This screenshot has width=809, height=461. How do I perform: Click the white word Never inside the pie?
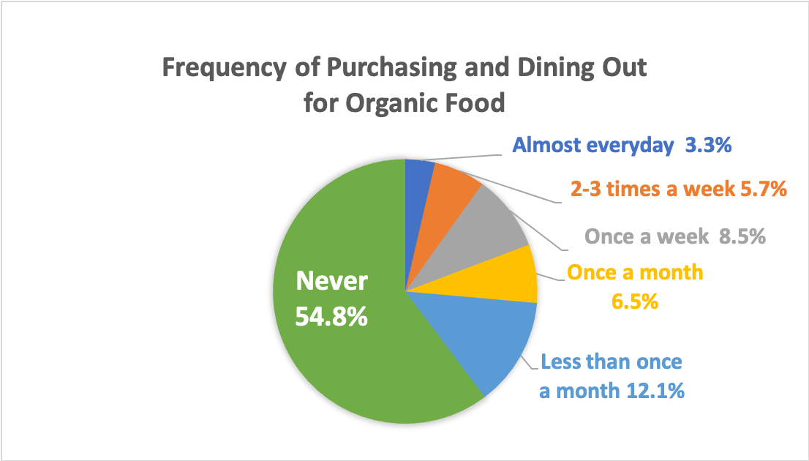[x=332, y=281]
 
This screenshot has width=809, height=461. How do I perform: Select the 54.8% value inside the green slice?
[x=331, y=316]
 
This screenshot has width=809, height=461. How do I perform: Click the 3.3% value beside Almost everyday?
[x=708, y=146]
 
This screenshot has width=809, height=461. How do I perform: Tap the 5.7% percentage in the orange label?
[x=764, y=189]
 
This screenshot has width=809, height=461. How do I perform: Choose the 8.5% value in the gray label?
[x=742, y=236]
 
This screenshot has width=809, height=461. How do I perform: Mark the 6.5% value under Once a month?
[x=635, y=301]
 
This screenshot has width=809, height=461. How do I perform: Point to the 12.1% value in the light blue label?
[x=656, y=391]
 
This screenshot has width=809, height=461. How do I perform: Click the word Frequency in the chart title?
[x=224, y=68]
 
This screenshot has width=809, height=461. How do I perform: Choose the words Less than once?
[x=612, y=362]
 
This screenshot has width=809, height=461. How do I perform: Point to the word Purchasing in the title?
[x=392, y=68]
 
